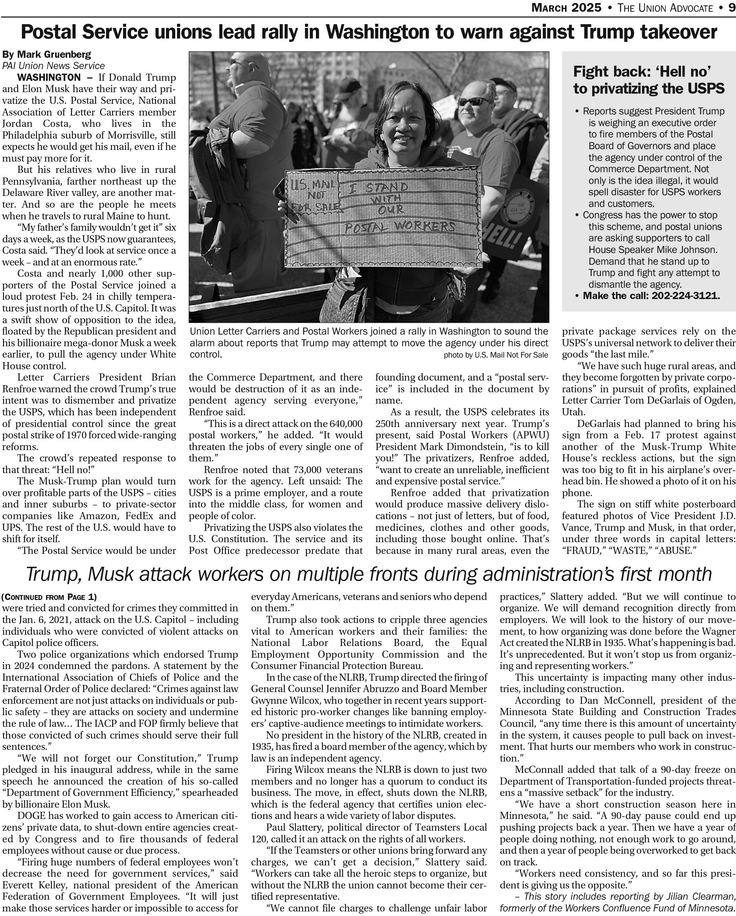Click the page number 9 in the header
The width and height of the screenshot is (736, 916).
tap(730, 8)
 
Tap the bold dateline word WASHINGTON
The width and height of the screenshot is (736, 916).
tap(49, 77)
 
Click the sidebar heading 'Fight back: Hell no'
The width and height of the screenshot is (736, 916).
tap(642, 71)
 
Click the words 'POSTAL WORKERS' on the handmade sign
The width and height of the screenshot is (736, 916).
tap(399, 227)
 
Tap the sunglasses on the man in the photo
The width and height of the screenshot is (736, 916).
tap(474, 102)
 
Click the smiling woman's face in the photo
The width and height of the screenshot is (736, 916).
tap(401, 129)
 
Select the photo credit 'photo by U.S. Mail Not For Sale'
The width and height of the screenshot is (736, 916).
tap(496, 355)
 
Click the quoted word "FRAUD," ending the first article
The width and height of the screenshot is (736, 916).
tap(580, 551)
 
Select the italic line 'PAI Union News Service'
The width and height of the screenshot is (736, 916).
tap(54, 66)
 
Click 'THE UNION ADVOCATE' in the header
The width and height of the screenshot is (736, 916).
tap(665, 8)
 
